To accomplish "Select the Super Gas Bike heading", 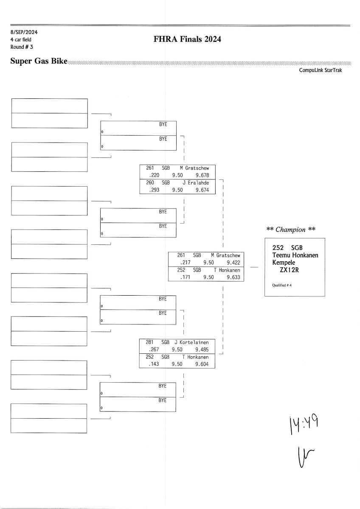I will click(39, 62).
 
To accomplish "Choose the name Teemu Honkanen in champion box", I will click(295, 255).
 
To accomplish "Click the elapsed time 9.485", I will click(202, 350).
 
